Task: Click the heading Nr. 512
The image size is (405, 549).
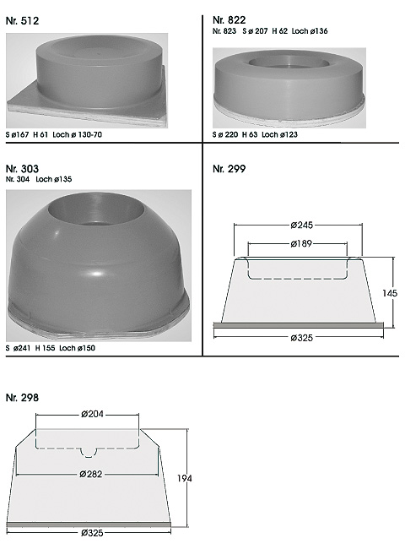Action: coord(22,21)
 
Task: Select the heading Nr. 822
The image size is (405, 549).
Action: coord(229,20)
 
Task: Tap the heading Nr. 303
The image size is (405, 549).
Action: coord(22,169)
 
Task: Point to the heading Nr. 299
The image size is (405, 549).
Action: coord(229,169)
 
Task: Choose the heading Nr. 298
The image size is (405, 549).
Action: coord(22,398)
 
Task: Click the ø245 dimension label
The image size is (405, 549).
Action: coord(301,226)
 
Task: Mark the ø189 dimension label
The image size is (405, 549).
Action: coord(301,243)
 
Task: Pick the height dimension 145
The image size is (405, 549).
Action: coord(390,293)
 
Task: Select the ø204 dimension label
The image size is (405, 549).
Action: coord(92,414)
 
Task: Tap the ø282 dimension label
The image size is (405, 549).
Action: coord(91,474)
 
